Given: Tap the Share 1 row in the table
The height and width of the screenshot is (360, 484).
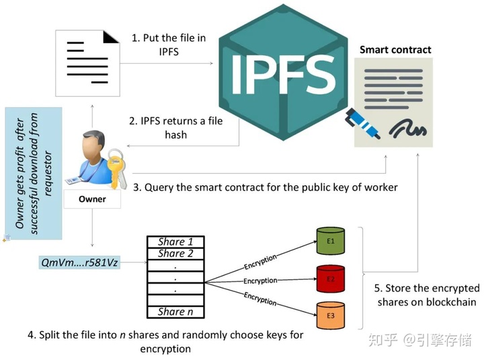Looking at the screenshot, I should (x=175, y=242).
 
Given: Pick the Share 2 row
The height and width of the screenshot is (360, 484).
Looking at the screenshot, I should (x=175, y=254).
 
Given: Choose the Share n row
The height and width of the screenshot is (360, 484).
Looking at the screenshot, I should (x=175, y=312).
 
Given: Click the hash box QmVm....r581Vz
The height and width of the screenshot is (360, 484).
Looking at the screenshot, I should (x=80, y=262).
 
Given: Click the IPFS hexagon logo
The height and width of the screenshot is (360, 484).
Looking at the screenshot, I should (x=282, y=71).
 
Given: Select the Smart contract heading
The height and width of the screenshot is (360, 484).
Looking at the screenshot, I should (x=395, y=49).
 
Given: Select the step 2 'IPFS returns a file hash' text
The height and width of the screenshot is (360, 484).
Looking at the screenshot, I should (x=176, y=128).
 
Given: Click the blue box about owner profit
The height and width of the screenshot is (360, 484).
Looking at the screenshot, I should (x=33, y=174).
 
